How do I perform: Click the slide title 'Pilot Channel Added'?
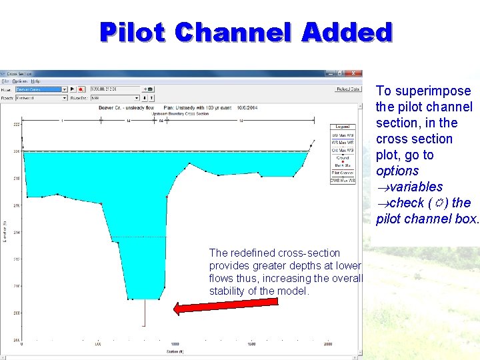pos(246,32)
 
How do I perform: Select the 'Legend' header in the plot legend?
pos(343,127)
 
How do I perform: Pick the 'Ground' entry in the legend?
pos(343,158)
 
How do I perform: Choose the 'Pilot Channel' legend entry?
pos(343,173)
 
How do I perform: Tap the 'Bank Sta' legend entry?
pos(343,165)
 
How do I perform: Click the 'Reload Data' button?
pos(347,89)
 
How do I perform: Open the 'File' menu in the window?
pos(5,81)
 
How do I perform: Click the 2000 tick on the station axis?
pos(328,344)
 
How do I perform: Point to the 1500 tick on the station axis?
pos(251,344)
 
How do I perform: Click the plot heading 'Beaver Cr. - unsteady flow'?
pos(126,107)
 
